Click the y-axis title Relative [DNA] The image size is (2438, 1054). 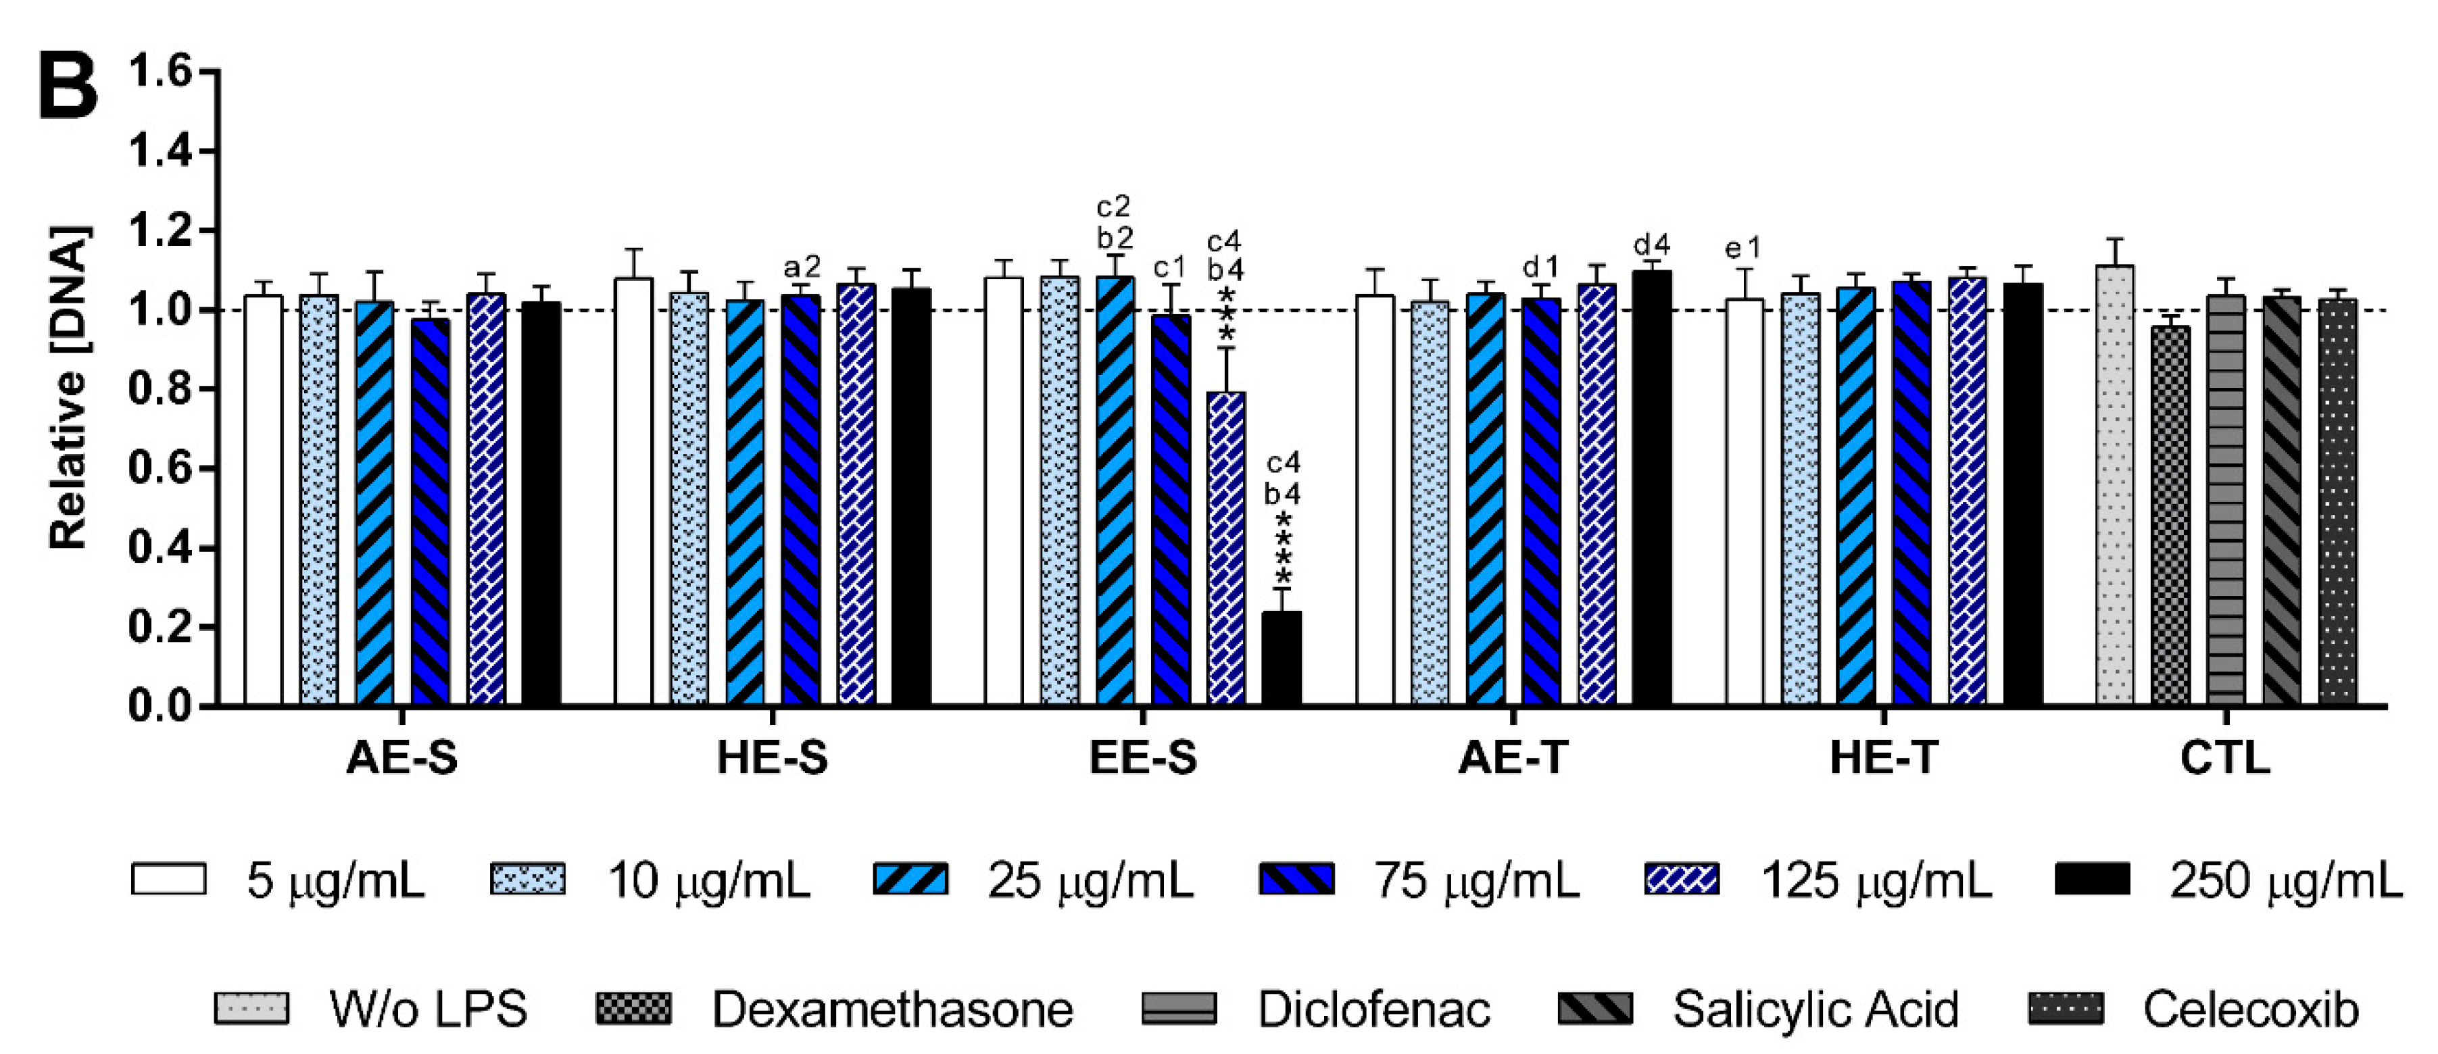tap(68, 388)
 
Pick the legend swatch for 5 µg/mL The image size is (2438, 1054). tap(168, 879)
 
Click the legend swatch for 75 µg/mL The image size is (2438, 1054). tap(1296, 879)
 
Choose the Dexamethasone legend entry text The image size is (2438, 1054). tap(892, 1009)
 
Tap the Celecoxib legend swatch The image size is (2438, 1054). tap(2066, 1009)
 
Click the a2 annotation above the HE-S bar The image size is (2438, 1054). tap(802, 268)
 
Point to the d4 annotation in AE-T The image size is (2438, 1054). tap(1651, 246)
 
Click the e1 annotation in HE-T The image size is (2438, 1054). tap(1742, 249)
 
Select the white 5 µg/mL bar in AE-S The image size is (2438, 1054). tap(263, 501)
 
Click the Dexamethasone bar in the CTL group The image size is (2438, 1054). tap(2170, 516)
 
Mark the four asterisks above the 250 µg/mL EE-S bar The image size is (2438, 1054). tap(1284, 549)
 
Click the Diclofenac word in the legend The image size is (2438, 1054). tap(1373, 1009)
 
